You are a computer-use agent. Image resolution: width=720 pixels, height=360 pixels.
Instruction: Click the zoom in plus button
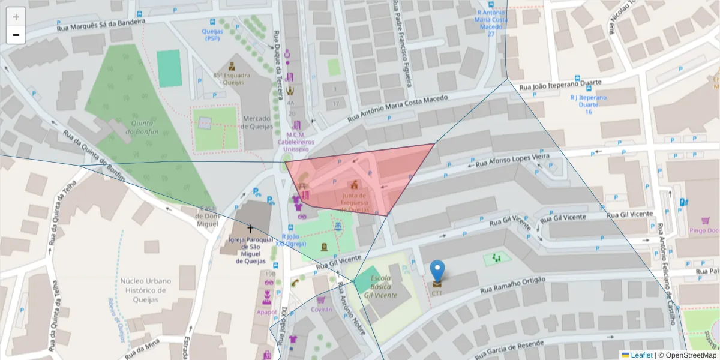click(16, 17)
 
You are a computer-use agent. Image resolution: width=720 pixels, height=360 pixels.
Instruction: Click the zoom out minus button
click(16, 35)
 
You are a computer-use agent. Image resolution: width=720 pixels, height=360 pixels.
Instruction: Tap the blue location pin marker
click(438, 271)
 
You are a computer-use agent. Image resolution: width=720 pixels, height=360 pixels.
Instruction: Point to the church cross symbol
click(250, 229)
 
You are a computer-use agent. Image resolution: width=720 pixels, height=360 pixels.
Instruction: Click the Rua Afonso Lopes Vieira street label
click(512, 160)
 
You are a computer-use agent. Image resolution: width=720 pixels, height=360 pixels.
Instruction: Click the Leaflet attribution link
click(641, 355)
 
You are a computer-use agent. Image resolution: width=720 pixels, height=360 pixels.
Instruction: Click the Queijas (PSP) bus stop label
click(212, 34)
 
